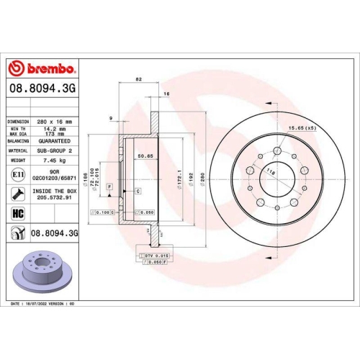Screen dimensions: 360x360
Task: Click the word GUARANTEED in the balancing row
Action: tap(55, 142)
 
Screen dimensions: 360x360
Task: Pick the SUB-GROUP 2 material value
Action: tap(55, 152)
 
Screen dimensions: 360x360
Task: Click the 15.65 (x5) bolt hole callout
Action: tap(302, 127)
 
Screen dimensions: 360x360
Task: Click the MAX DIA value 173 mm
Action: tap(55, 134)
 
